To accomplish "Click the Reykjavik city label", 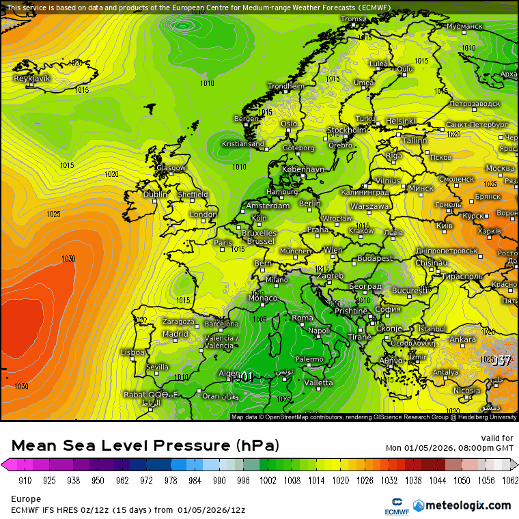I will tap(32, 79).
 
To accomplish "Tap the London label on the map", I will tap(204, 214).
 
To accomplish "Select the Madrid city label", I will tap(175, 334).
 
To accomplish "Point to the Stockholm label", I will tap(346, 130).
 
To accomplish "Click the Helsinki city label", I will tap(400, 121).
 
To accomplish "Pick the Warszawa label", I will tap(369, 206).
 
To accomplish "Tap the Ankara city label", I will tap(462, 339).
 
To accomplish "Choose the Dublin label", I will tap(155, 195).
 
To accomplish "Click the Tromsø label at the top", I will tap(354, 19).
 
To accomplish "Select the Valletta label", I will tap(318, 382).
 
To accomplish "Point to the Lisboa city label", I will tap(132, 352).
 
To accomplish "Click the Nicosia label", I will tap(466, 391).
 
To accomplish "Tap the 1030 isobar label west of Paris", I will tap(68, 259).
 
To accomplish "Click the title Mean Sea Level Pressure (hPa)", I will tap(145, 445).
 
